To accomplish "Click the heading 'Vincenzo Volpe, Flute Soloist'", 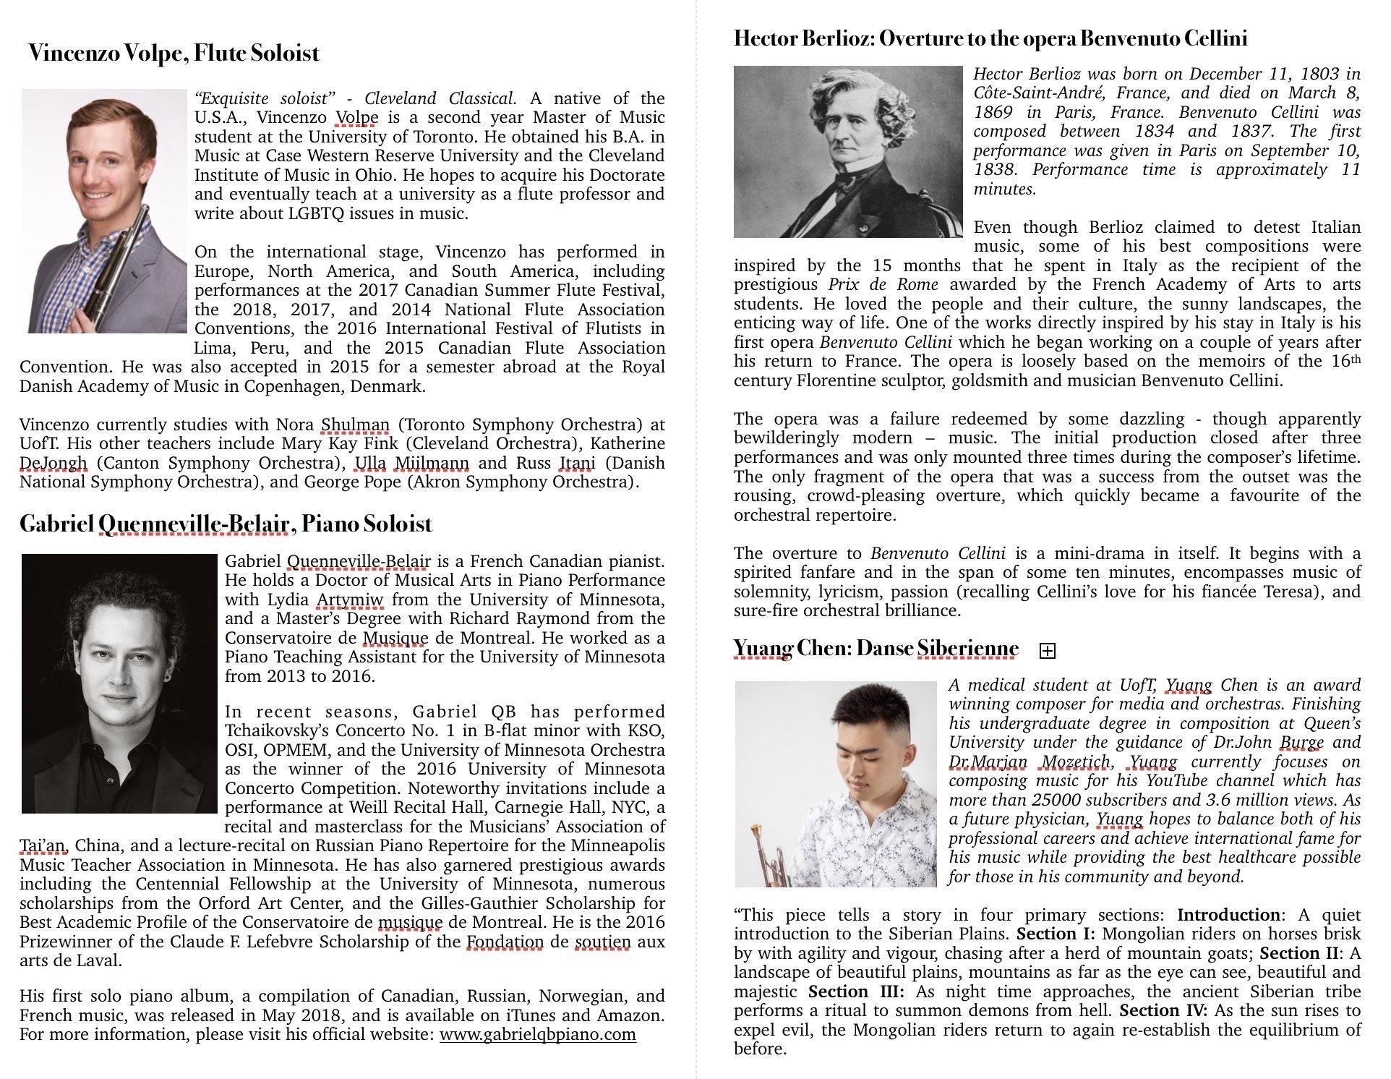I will [174, 54].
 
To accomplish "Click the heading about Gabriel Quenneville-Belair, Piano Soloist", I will [226, 524].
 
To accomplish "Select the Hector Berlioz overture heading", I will [990, 38].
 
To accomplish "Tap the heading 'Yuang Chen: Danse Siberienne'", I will [876, 649].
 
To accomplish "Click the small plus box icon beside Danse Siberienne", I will [1046, 651].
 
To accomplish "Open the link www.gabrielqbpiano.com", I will [537, 1034].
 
